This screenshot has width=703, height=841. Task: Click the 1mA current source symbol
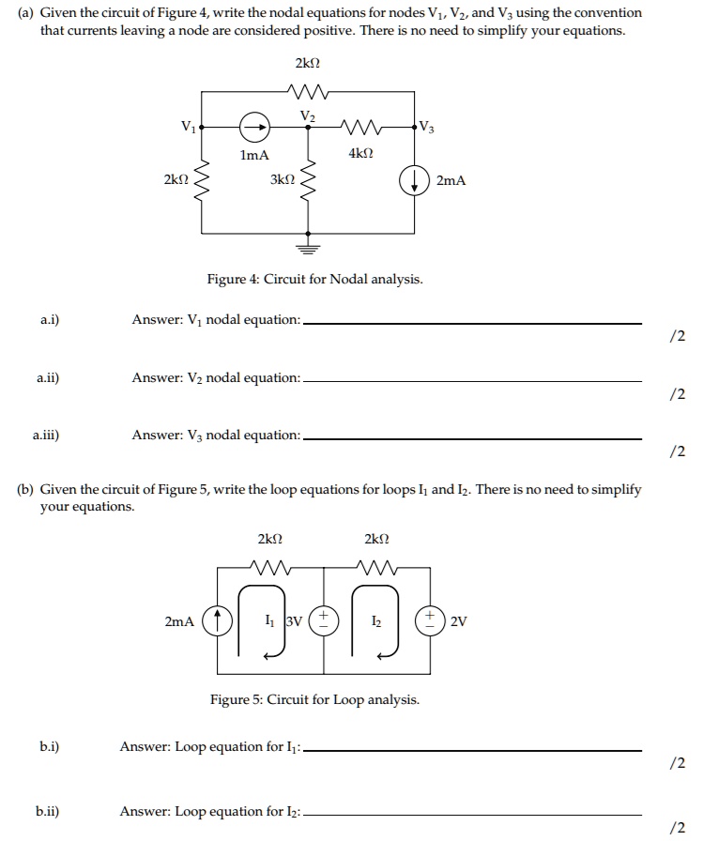pyautogui.click(x=251, y=126)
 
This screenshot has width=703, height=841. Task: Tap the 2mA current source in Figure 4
pyautogui.click(x=414, y=180)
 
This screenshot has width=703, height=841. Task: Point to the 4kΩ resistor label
pyautogui.click(x=360, y=153)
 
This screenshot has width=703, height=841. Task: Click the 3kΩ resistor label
pyautogui.click(x=283, y=178)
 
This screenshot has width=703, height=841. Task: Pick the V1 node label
pyautogui.click(x=189, y=126)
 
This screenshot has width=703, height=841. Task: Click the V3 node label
pyautogui.click(x=428, y=126)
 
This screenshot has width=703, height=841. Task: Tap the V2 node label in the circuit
pyautogui.click(x=307, y=115)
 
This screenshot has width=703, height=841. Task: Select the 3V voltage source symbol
pyautogui.click(x=324, y=620)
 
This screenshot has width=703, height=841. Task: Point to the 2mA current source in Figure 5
pyautogui.click(x=217, y=620)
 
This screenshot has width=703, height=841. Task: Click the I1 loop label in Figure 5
pyautogui.click(x=270, y=620)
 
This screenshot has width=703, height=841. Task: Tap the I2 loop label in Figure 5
pyautogui.click(x=376, y=620)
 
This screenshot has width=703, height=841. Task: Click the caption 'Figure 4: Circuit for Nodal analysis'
pyautogui.click(x=314, y=280)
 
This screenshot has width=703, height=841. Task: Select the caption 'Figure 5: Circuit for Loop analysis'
pyautogui.click(x=314, y=700)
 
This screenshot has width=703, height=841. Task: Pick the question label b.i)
pyautogui.click(x=49, y=746)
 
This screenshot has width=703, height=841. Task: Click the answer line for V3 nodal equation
pyautogui.click(x=473, y=437)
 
